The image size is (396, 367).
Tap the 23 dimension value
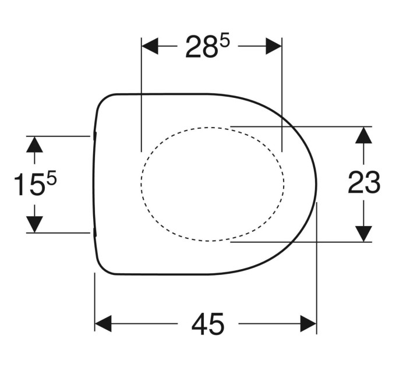pyautogui.click(x=364, y=182)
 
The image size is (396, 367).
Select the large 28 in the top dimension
pyautogui.click(x=201, y=47)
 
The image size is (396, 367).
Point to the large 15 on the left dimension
pyautogui.click(x=30, y=184)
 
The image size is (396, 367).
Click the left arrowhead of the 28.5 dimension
pyautogui.click(x=150, y=46)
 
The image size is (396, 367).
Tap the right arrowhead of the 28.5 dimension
pyautogui.click(x=274, y=46)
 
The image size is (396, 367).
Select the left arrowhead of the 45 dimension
pyautogui.click(x=103, y=323)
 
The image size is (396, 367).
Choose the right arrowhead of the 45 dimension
pyautogui.click(x=309, y=323)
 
